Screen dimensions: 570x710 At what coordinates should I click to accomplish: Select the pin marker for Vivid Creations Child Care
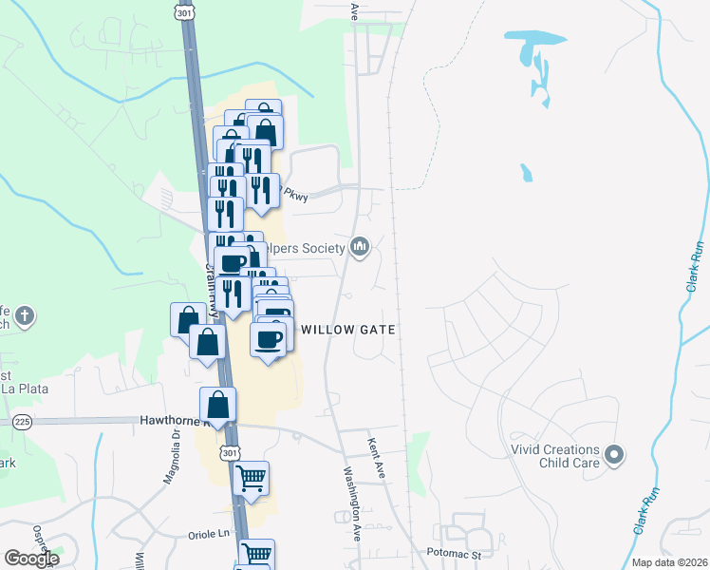coord(614,456)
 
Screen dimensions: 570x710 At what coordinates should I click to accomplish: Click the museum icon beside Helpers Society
coord(359,248)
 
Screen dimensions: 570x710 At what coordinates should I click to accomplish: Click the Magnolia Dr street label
coord(171,461)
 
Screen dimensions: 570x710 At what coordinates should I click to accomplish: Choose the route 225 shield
coord(23,421)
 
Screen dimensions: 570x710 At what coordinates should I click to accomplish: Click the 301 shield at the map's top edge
coord(182,11)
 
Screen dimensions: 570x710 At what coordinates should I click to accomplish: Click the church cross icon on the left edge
coord(25,316)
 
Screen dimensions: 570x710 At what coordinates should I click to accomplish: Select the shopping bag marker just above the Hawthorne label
coord(218,405)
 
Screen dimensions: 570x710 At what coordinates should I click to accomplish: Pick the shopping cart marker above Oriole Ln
coord(251,479)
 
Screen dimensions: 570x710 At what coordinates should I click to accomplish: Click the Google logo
coord(31,558)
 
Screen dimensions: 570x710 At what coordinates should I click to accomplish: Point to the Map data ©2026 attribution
coord(670,562)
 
